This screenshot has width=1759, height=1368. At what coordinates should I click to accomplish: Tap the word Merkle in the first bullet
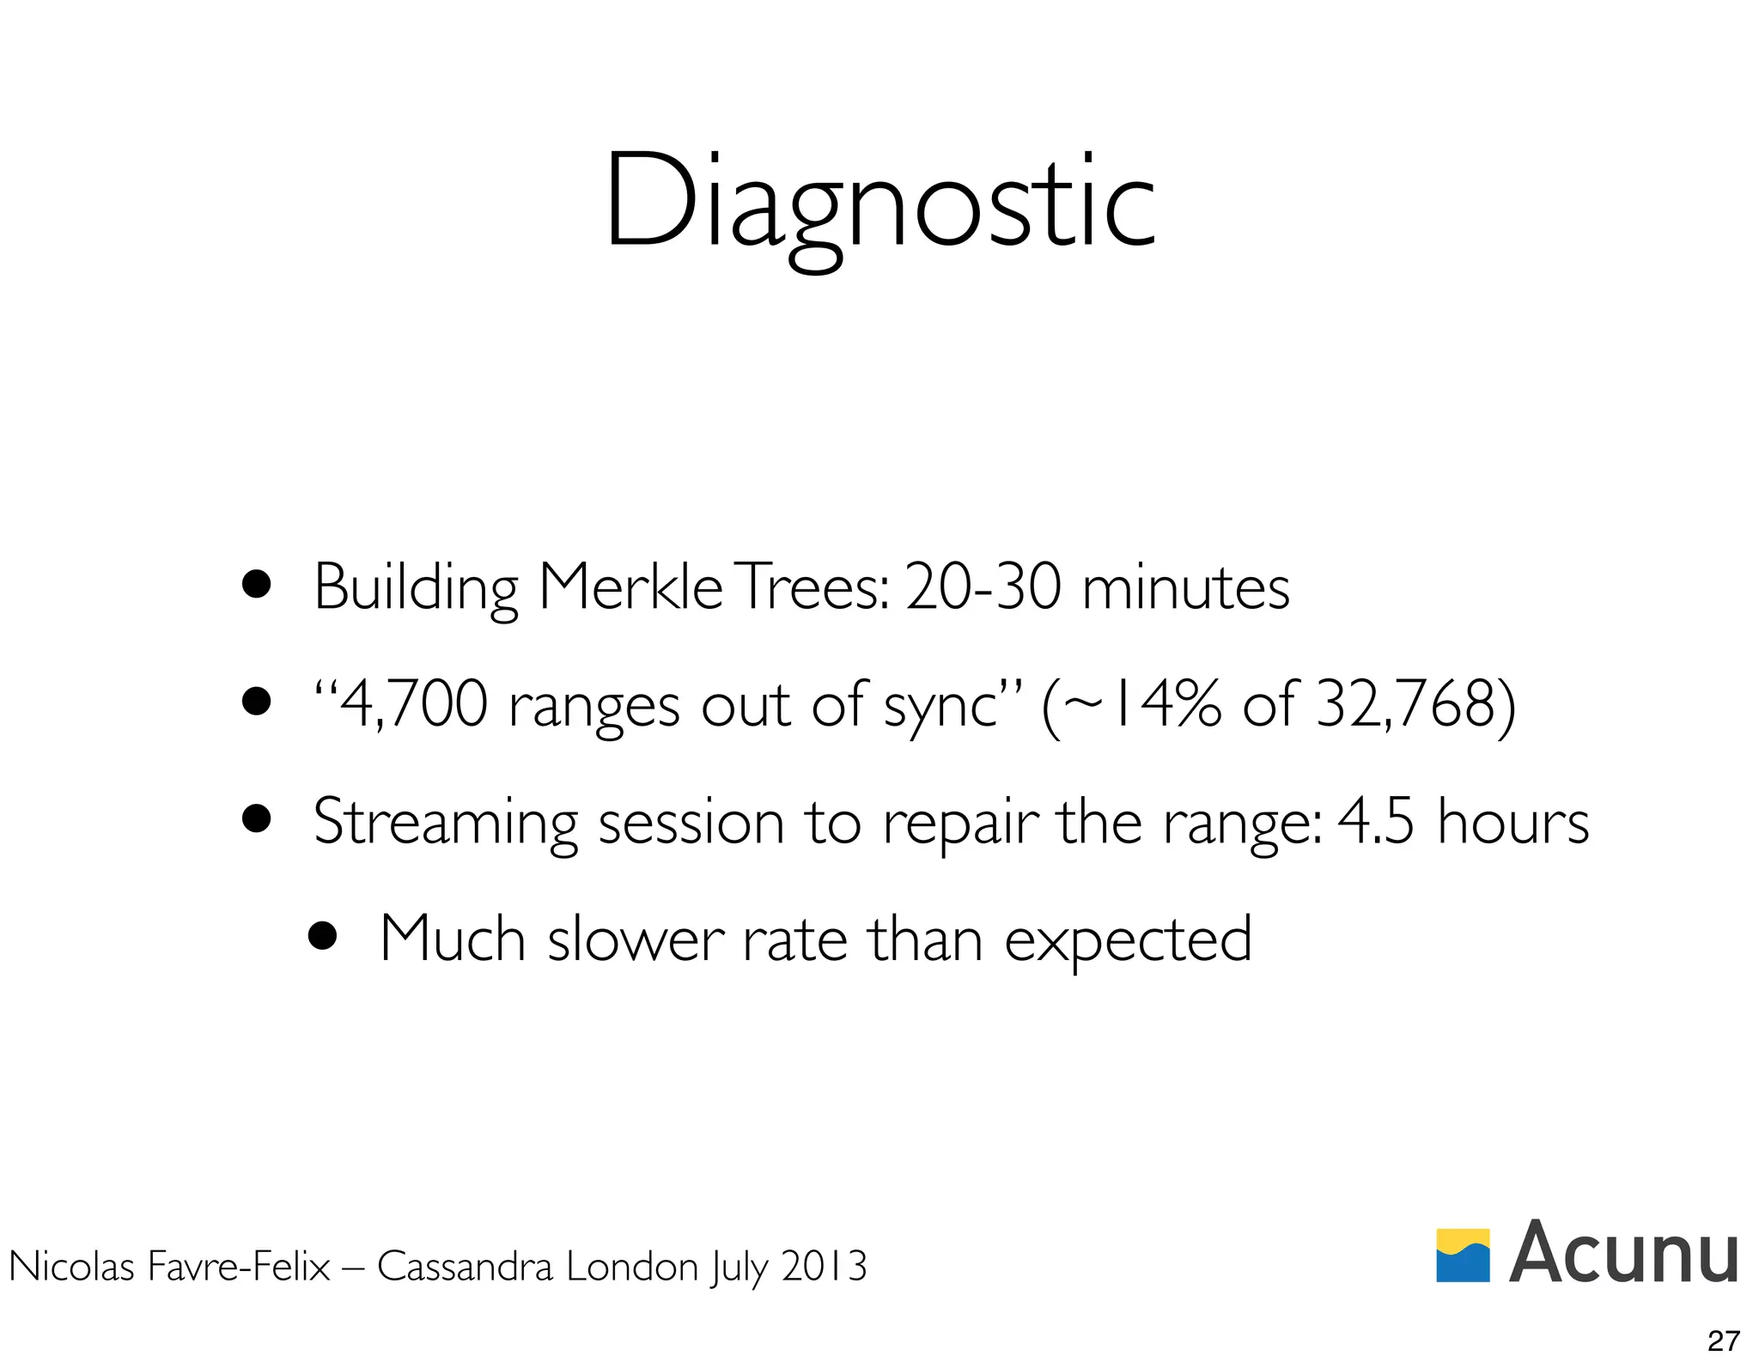tap(630, 588)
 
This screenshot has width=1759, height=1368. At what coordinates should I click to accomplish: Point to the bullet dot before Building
tap(256, 586)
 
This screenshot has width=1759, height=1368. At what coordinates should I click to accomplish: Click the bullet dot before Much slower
tap(323, 937)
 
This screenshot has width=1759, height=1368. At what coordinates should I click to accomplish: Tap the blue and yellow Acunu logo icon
tap(1463, 1255)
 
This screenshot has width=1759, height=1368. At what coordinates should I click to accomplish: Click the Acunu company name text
tap(1623, 1253)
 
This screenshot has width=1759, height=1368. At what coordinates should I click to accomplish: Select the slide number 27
tap(1724, 1341)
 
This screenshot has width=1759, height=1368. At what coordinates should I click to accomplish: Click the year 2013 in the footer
tap(824, 1266)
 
